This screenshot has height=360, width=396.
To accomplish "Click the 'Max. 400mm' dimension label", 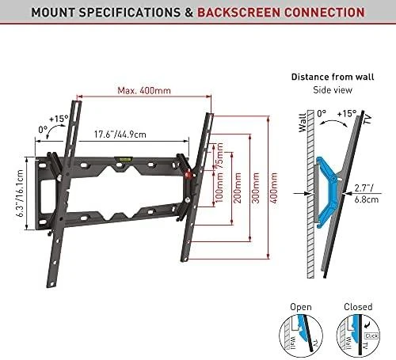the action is click(144, 91).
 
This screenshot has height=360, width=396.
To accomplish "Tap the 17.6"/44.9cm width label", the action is click(120, 135).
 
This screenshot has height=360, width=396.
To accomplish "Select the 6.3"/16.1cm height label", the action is click(20, 193).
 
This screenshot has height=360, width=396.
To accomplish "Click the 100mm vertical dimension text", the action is click(219, 188).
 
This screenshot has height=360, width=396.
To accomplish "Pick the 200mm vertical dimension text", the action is click(238, 188).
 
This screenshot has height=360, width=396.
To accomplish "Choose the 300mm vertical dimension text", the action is click(256, 188).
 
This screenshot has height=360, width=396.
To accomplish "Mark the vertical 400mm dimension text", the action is click(274, 188).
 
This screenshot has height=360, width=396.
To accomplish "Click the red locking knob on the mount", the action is click(188, 174).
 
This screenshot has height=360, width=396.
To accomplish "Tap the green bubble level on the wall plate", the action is click(123, 159).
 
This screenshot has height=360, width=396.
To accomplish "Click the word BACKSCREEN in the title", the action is click(238, 13).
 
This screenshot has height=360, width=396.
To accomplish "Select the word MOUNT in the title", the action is click(54, 13).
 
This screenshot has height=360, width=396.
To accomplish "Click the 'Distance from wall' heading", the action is click(333, 77).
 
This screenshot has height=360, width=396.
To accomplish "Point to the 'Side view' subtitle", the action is click(333, 90).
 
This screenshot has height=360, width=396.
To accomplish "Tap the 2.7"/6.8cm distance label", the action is click(367, 193).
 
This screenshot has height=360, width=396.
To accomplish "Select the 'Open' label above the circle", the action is click(301, 307).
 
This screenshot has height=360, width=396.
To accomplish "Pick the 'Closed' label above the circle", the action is click(358, 307).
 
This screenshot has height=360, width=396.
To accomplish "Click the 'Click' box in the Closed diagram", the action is click(371, 336).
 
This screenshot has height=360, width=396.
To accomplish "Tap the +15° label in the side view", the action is click(347, 114).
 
